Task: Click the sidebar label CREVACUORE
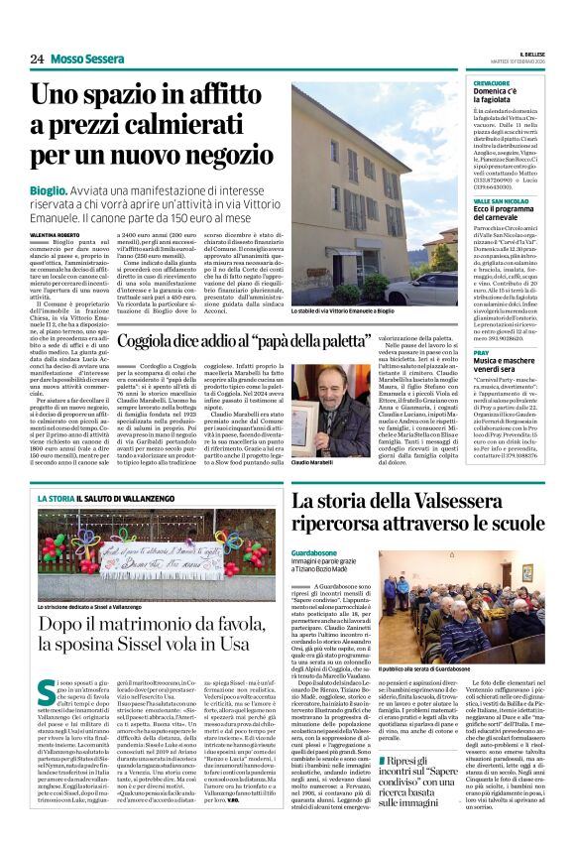click(493, 84)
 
